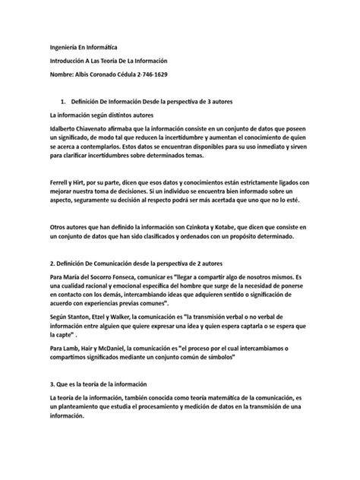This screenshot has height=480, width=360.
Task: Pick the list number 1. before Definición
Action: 62,101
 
